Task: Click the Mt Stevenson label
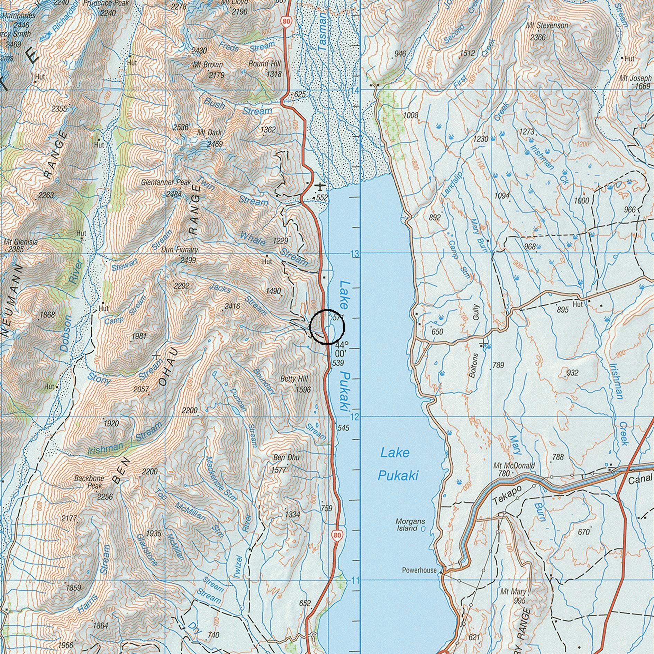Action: pyautogui.click(x=547, y=26)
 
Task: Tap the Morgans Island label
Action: pyautogui.click(x=410, y=525)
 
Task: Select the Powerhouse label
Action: pyautogui.click(x=419, y=570)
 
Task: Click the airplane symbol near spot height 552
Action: pyautogui.click(x=320, y=187)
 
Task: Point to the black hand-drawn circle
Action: pyautogui.click(x=327, y=327)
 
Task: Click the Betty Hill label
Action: pyautogui.click(x=294, y=379)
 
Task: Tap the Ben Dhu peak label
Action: pyautogui.click(x=286, y=457)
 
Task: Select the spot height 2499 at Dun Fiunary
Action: pyautogui.click(x=188, y=260)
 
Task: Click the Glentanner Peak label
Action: pyautogui.click(x=166, y=182)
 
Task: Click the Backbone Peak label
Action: pyautogui.click(x=89, y=482)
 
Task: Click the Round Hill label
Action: pyautogui.click(x=264, y=64)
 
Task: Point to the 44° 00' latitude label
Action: pyautogui.click(x=341, y=349)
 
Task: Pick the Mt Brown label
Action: pyautogui.click(x=208, y=65)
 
